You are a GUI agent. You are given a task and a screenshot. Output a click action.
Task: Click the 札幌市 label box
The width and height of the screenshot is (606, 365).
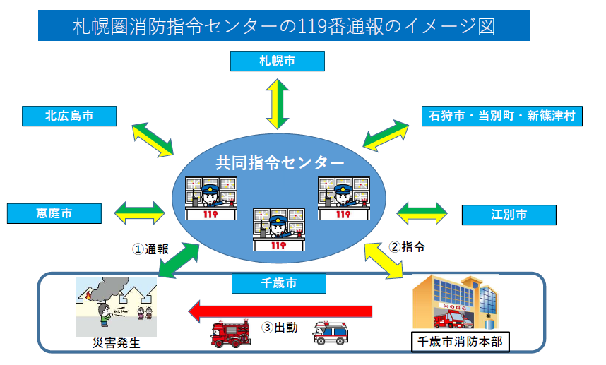[278, 61]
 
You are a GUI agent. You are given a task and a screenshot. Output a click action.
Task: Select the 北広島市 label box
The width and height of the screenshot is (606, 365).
[69, 116]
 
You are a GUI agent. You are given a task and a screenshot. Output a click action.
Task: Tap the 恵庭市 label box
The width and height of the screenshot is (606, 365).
[54, 212]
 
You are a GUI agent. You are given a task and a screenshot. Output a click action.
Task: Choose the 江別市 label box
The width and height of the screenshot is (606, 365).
[509, 213]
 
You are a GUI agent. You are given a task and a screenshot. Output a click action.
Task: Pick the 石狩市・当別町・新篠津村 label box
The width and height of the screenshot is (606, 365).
[501, 116]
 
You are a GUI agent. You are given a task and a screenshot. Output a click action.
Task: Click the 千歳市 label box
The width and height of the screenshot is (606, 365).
[278, 284]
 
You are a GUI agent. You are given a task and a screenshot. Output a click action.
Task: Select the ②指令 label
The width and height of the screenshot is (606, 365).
[408, 246]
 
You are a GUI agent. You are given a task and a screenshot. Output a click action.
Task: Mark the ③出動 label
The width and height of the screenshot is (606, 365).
[280, 328]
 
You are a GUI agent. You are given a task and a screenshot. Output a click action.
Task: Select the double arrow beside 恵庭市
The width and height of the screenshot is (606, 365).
[139, 210]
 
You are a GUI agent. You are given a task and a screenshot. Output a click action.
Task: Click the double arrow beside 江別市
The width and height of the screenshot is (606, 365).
[422, 211]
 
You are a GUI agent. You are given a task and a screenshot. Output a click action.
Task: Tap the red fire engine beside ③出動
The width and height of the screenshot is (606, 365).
[231, 334]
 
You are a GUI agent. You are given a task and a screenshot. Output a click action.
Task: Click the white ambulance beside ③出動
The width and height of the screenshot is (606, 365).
[331, 333]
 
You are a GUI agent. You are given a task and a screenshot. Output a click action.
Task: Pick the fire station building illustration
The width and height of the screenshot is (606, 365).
[453, 301]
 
